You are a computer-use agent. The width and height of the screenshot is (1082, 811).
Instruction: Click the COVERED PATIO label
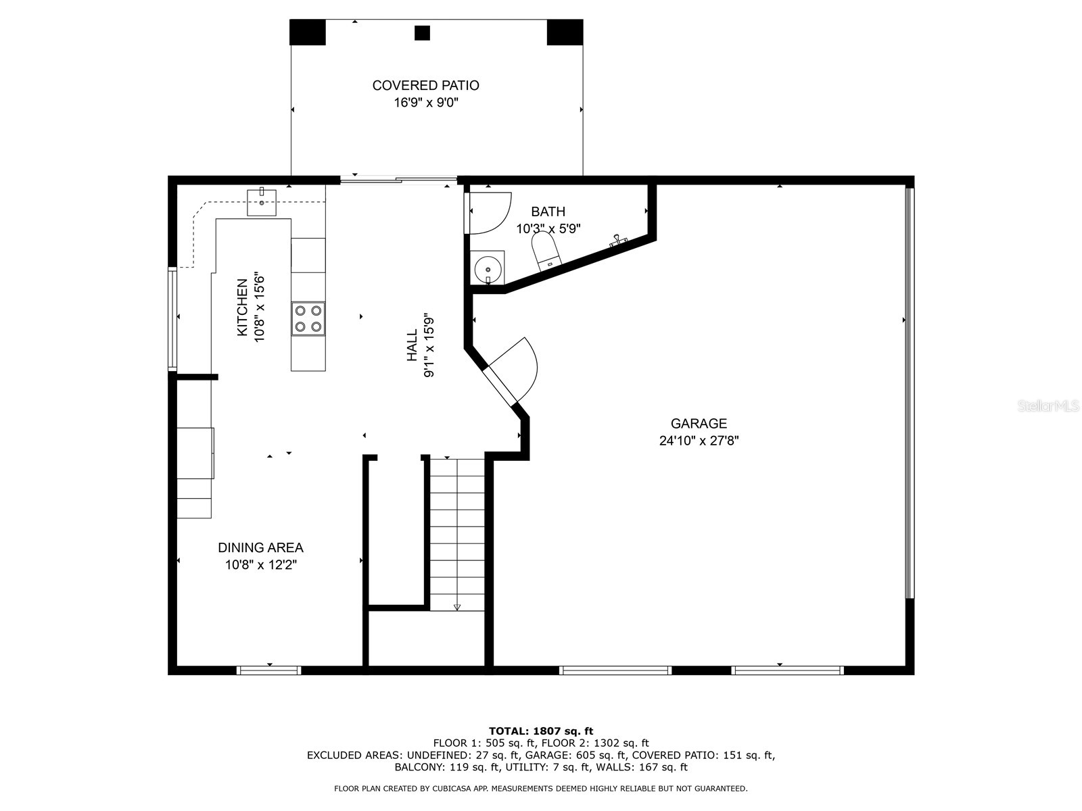pos(425,86)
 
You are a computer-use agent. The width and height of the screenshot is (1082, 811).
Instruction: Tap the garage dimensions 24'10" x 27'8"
pos(699,441)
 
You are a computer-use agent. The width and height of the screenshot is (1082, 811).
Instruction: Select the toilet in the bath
pos(545,250)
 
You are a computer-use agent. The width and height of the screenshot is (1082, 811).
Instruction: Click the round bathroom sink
pos(487,268)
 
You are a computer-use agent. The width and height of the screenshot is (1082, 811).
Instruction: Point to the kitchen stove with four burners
pos(308,318)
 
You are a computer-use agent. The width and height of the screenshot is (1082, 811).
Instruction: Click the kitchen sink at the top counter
pos(262,201)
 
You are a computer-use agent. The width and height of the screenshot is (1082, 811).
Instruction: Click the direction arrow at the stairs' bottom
pos(457,607)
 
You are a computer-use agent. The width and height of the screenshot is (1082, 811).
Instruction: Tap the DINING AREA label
pos(260,548)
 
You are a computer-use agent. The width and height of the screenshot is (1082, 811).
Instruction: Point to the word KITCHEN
pos(241,308)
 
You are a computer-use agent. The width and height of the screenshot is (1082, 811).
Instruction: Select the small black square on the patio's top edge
pos(422,32)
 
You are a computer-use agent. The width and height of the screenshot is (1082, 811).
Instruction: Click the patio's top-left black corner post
pos(307,32)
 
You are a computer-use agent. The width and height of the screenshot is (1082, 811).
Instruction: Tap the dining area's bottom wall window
pos(268,670)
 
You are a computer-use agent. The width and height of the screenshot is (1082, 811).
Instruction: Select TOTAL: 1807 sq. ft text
pos(540,731)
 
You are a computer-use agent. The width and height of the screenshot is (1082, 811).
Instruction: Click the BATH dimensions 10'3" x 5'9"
pos(548,229)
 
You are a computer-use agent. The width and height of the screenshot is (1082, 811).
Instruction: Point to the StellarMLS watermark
pos(1048,406)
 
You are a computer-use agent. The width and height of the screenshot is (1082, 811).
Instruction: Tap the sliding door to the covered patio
pos(398,180)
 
